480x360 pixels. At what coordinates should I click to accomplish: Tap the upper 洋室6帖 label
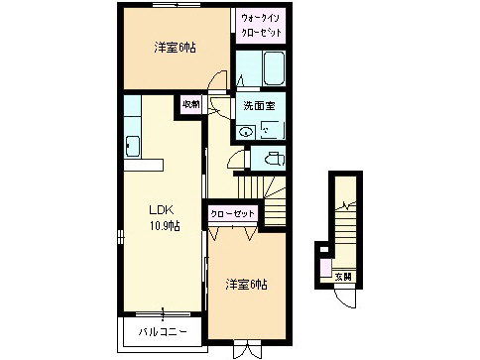(174, 47)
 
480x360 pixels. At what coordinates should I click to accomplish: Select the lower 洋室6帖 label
(245, 286)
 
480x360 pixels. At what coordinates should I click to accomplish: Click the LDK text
(162, 209)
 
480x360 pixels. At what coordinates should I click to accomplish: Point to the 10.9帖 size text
(164, 227)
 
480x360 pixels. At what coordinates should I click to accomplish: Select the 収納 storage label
(190, 103)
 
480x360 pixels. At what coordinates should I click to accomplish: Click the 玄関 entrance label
(342, 277)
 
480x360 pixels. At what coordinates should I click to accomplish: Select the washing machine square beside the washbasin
(270, 128)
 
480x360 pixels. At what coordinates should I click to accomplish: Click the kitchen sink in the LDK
(131, 149)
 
